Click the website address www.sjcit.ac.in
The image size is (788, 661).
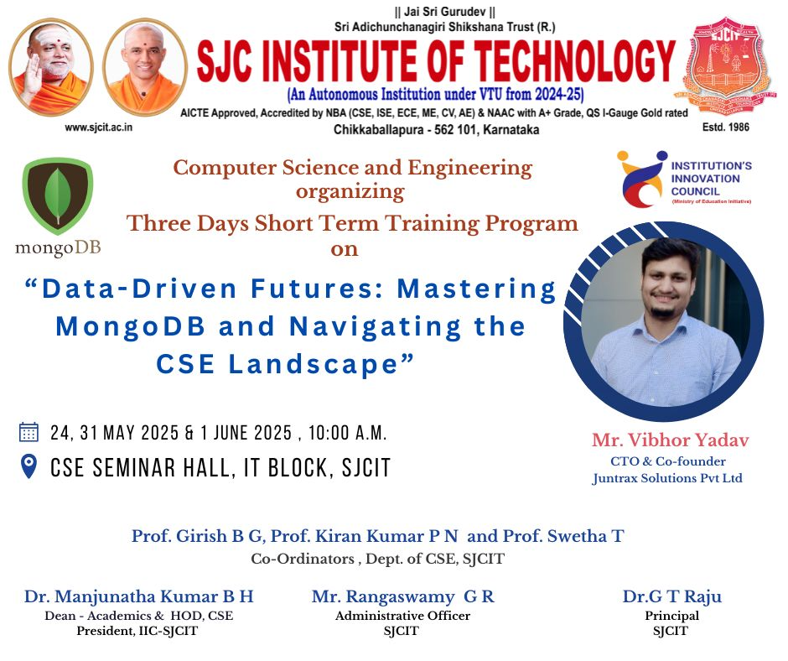tap(99, 128)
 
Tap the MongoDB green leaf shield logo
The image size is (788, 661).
tap(58, 196)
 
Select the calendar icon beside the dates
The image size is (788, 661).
tap(29, 432)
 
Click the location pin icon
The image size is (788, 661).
tap(29, 466)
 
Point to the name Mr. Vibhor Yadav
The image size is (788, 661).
tap(670, 440)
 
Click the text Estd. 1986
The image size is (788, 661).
tap(726, 128)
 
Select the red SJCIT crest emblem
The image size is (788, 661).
tap(725, 66)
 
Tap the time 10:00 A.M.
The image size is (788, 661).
tap(347, 433)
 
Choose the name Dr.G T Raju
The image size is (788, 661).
tap(672, 596)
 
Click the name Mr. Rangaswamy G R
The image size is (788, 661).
tap(403, 596)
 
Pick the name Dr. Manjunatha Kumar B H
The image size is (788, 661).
tap(138, 596)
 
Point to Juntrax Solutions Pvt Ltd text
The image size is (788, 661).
tap(667, 478)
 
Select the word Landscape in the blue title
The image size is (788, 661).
tap(314, 364)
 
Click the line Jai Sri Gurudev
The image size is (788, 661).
tap(445, 11)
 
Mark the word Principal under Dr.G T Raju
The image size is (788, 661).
tap(672, 616)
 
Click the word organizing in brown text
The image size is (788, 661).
tap(350, 193)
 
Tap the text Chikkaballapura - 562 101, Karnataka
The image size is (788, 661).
tap(436, 130)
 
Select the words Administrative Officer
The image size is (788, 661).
tap(402, 616)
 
